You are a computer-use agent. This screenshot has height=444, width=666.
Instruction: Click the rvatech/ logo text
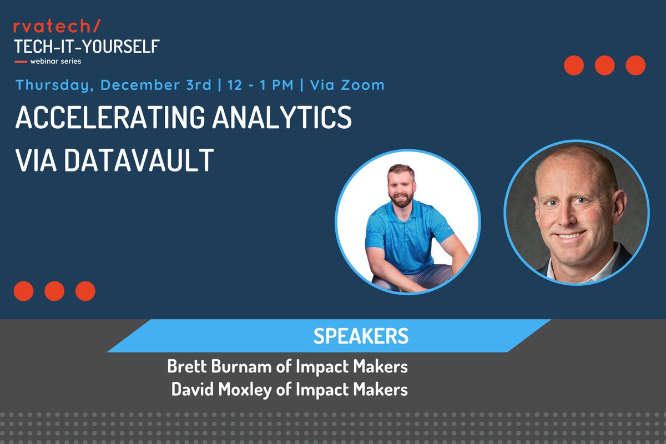[x=57, y=27]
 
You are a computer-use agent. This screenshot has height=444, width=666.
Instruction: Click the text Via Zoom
[x=347, y=85]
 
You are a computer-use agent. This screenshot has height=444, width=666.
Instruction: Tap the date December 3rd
[x=156, y=85]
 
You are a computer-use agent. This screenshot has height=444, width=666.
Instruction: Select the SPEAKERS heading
[x=361, y=336]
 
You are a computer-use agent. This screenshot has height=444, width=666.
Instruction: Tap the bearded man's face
[x=401, y=186]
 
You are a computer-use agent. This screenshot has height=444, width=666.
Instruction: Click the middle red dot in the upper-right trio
[x=604, y=65]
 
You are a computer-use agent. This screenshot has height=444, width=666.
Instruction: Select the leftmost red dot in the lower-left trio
[x=23, y=291]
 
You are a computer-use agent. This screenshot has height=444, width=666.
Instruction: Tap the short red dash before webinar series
[x=21, y=61]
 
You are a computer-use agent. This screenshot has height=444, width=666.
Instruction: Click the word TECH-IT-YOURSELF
[x=87, y=46]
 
